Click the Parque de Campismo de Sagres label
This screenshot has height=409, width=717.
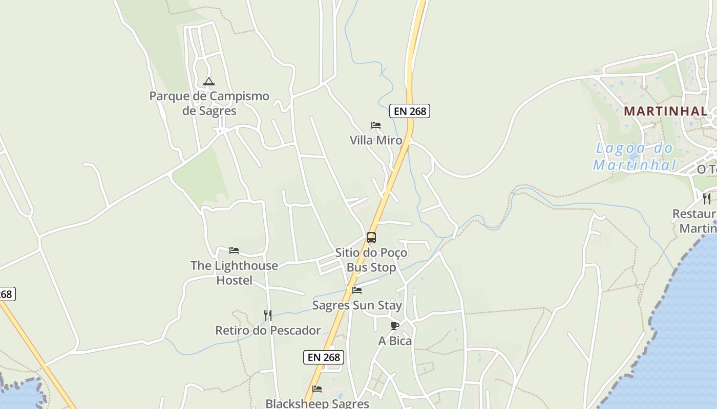(209, 103)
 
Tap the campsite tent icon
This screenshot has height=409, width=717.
(208, 81)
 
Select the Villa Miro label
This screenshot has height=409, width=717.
(376, 140)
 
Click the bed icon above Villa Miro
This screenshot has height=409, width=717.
(376, 125)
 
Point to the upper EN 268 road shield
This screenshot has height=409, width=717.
(409, 111)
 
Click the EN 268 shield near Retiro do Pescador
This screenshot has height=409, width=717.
(324, 357)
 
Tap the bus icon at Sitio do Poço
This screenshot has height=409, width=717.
(371, 238)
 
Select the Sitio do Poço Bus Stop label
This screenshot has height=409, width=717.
(371, 260)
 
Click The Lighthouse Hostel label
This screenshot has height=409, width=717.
(234, 272)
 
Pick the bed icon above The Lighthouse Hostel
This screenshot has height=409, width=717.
(234, 251)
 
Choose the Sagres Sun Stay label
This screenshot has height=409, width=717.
(357, 306)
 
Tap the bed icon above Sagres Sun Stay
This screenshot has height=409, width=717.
(357, 290)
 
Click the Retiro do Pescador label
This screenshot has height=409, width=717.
(268, 330)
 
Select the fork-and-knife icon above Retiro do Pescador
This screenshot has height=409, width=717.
(267, 315)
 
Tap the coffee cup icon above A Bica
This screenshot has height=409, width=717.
(395, 326)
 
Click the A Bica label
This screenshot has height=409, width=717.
(395, 341)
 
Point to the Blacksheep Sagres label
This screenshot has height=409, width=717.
(317, 403)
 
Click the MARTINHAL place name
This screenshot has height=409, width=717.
(666, 111)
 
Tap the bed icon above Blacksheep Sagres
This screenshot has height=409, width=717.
(317, 389)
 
